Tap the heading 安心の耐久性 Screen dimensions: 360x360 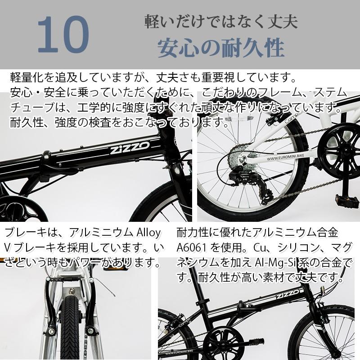[220, 46]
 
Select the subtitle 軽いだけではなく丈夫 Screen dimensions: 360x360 [220, 21]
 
